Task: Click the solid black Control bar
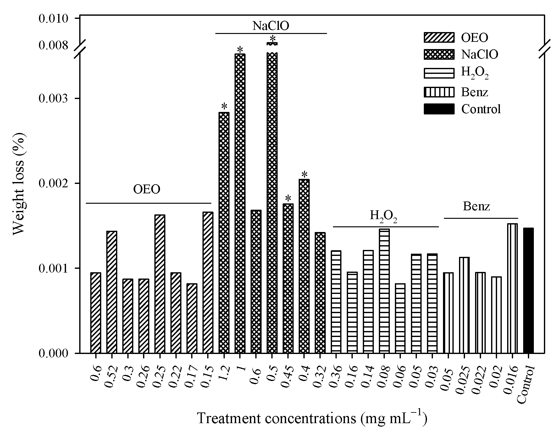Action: coord(528,290)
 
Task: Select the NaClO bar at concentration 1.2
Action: coord(224,233)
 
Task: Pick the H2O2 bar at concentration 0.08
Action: coord(384,291)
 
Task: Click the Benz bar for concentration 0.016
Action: coord(512,288)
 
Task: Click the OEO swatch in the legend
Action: coord(439,37)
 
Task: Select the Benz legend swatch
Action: coord(439,92)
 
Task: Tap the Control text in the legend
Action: coord(481,109)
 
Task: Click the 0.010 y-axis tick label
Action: coord(53,19)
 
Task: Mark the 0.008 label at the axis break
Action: coord(53,46)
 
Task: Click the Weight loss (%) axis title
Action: coord(19,184)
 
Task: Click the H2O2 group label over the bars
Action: coord(383,217)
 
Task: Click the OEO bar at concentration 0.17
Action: coord(192,318)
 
